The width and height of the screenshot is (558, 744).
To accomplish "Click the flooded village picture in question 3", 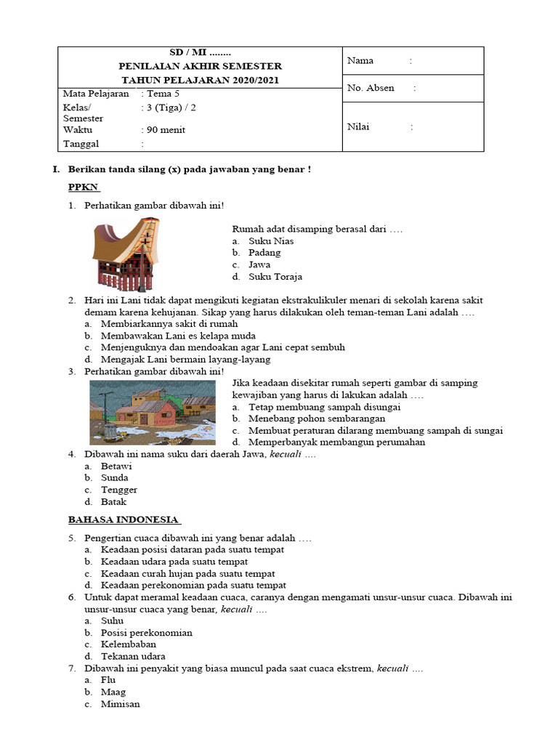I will pos(152,412).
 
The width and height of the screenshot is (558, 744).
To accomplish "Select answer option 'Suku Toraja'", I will pos(275,277).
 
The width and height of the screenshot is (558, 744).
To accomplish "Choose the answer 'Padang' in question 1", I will pos(264,253).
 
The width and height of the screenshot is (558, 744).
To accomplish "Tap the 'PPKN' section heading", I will pos(83,187).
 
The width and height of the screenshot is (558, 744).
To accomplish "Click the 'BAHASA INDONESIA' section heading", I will pos(124,519).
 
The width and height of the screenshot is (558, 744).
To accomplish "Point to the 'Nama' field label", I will pos(360,61).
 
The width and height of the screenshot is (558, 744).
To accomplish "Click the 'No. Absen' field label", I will pos(371,88).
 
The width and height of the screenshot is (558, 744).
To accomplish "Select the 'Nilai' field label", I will pos(358,126).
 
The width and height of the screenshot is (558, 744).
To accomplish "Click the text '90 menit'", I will pos(166,130).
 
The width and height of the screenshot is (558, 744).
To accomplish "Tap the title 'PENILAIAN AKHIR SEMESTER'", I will pos(200,66).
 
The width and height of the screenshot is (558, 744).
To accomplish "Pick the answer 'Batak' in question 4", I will pos(113,502).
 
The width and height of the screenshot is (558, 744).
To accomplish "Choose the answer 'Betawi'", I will pos(116,466).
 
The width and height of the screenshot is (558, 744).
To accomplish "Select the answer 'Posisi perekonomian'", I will pos(147,633).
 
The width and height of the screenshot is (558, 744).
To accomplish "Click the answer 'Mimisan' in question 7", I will pos(121,704).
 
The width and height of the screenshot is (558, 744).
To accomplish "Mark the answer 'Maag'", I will pos(113,692).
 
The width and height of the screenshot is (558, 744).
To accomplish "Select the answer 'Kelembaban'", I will pos(129,644).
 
